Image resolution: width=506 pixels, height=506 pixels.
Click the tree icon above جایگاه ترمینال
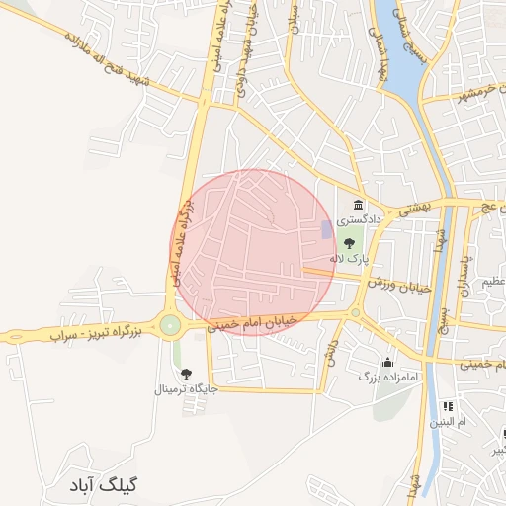pos(186,373)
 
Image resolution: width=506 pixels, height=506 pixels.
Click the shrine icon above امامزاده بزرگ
pos(387,361)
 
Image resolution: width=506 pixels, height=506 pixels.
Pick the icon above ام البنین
pos(447,405)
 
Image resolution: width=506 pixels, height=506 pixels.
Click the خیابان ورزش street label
pos(402,283)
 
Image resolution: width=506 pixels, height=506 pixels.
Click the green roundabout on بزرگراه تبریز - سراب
pos(171,324)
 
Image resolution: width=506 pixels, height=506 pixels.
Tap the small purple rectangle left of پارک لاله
pos(326,229)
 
